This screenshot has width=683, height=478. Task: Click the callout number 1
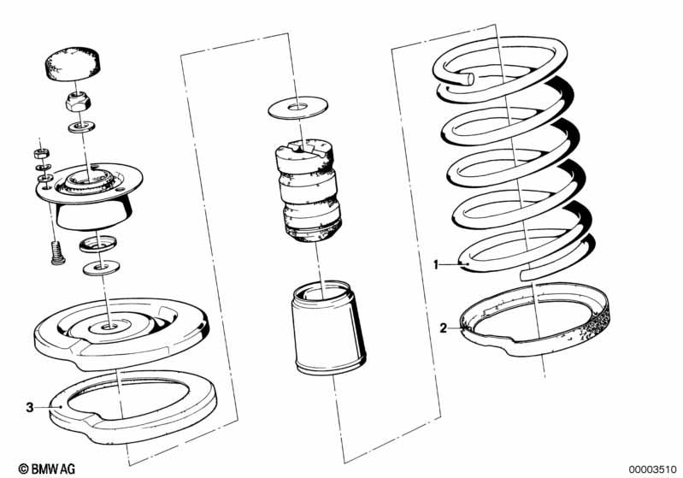pos(436,264)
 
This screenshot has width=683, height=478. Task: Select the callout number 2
pos(443,328)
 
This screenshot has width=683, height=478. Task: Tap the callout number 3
pos(30,407)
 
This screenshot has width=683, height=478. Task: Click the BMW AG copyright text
pos(47,469)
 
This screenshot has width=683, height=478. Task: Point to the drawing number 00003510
pos(652,469)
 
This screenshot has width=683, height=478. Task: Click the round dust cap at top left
pos(73,64)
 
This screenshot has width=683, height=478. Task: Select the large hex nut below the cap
pos(78,103)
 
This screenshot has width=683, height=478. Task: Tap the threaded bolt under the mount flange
pos(57,253)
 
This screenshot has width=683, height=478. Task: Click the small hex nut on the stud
pos(41,153)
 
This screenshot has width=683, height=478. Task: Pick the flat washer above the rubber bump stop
pos(298,107)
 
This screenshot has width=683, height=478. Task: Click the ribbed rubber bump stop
pos(309,190)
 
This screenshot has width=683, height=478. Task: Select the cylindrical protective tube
pos(328,328)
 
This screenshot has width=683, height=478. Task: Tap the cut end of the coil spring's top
pos(469,79)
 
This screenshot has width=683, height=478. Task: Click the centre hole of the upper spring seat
pos(107,326)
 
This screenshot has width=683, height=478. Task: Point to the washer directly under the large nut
pos(81,127)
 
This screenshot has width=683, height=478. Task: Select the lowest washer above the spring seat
pos(101,267)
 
